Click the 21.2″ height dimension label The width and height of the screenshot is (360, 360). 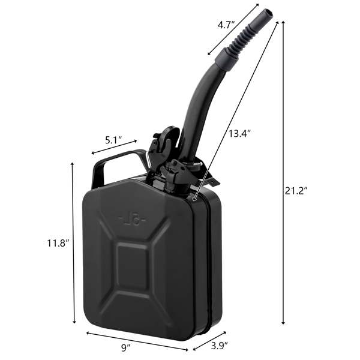(x=296, y=191)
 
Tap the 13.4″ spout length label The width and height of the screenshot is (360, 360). (x=238, y=133)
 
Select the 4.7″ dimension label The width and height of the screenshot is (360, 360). (x=226, y=25)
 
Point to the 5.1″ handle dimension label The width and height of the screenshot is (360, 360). (x=113, y=140)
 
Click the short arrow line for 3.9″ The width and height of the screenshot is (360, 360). (x=212, y=340)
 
